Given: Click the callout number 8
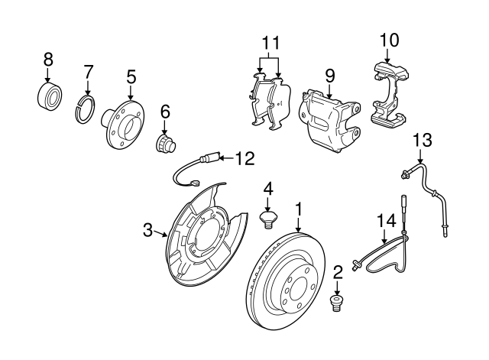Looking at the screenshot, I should pos(47,58).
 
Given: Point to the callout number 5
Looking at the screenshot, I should pos(131,76).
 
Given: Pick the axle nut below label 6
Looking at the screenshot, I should pos(164,142).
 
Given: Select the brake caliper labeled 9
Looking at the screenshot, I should pos(329,118).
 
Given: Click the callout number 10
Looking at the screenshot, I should pos(389,38).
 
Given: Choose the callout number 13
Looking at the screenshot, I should pos(422,139).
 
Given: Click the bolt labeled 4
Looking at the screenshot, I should pos(268,220).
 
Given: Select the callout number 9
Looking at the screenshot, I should pos(329,75).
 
